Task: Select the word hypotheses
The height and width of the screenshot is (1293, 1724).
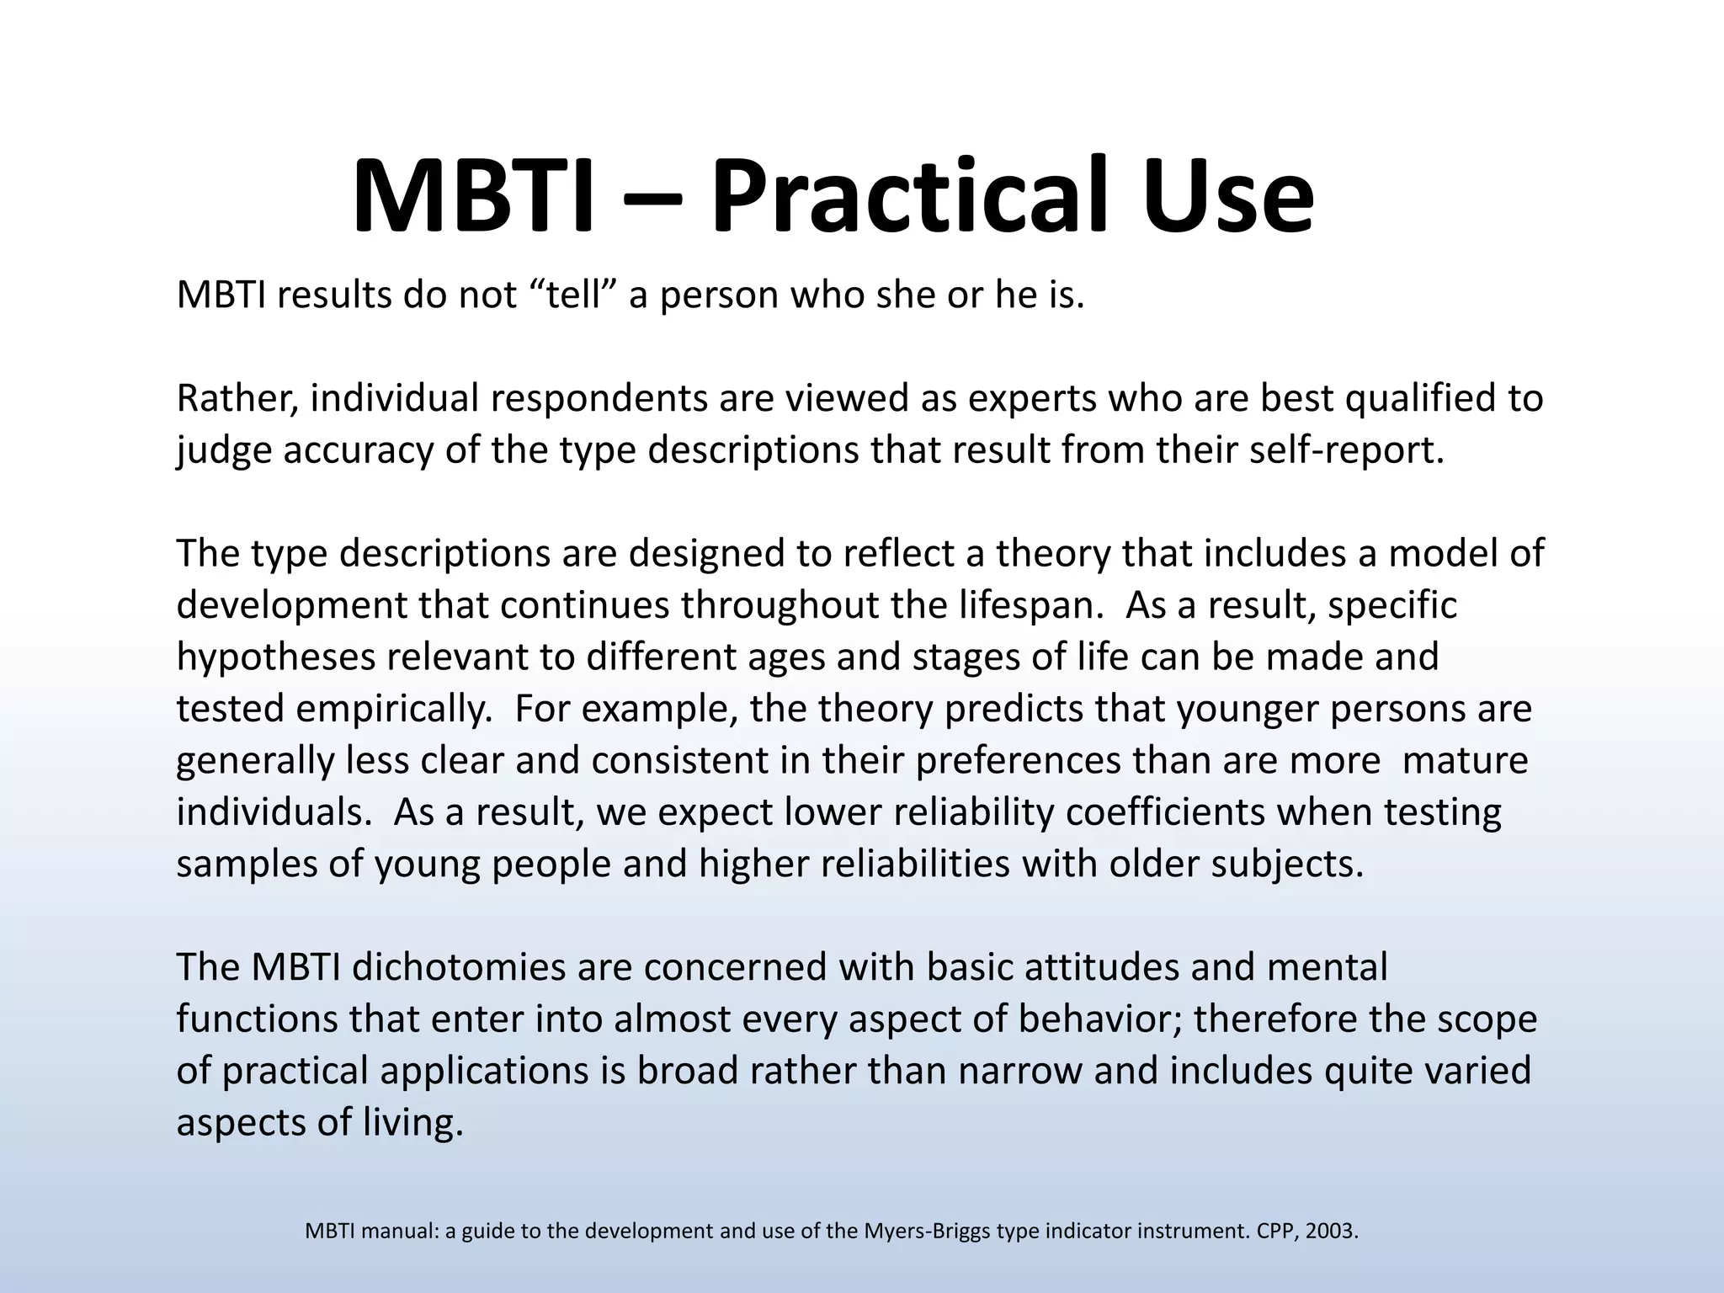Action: tap(275, 657)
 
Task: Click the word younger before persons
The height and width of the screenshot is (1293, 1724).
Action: tap(1248, 710)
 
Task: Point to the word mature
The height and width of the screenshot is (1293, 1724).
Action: tap(1466, 761)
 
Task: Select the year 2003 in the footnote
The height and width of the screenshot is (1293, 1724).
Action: tap(1334, 1232)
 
